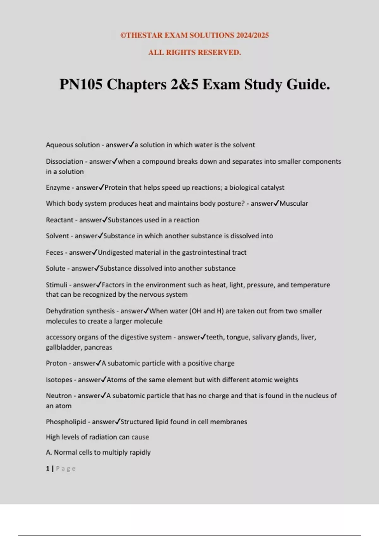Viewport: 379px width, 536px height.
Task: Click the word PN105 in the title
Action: click(x=81, y=84)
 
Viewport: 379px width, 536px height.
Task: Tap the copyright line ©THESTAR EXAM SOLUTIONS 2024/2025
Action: click(x=195, y=35)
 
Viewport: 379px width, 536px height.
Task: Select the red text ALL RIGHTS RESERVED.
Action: click(x=195, y=52)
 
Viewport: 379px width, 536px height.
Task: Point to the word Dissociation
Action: click(x=64, y=161)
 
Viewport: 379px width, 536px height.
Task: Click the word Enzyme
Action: click(x=58, y=188)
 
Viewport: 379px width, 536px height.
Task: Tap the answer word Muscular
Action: click(x=294, y=204)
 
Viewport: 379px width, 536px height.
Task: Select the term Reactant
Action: click(x=59, y=220)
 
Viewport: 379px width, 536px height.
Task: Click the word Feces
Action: click(x=54, y=253)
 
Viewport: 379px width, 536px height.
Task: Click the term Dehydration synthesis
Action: click(x=80, y=311)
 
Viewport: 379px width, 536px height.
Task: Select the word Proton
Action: click(x=56, y=363)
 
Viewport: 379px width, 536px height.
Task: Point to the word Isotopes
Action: click(x=59, y=380)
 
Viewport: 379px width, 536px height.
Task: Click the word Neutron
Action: click(x=59, y=396)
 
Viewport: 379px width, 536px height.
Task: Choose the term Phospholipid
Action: click(x=66, y=422)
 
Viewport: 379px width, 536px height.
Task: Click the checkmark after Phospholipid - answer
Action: click(x=117, y=422)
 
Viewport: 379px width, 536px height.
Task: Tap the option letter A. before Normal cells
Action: click(x=49, y=452)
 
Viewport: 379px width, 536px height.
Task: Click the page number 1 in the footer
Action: click(x=47, y=469)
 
